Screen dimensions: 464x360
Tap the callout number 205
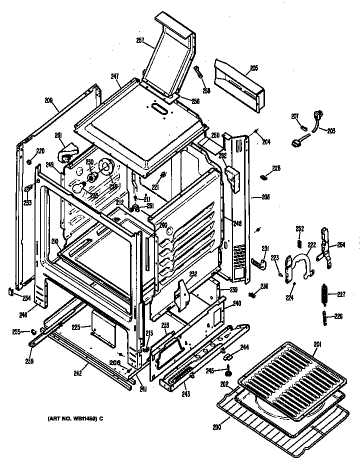[x=254, y=68]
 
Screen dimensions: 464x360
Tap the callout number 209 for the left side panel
[x=48, y=100]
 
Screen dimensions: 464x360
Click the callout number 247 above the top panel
[x=115, y=76]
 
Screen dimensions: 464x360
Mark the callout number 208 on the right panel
[x=265, y=197]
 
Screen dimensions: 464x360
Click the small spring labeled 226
[x=324, y=317]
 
